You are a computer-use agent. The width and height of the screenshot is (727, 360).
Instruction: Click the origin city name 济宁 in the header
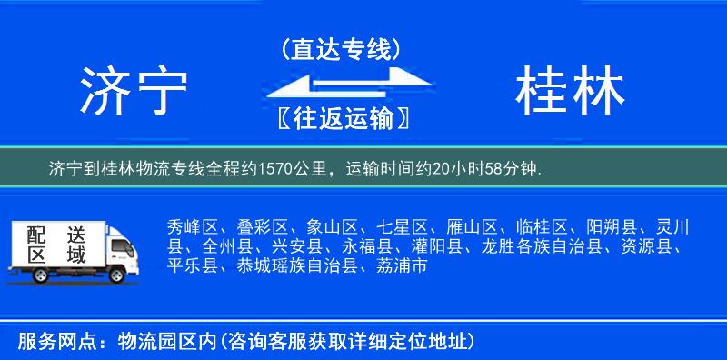(x=134, y=93)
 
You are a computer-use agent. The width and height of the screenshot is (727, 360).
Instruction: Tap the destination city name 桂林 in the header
(x=570, y=93)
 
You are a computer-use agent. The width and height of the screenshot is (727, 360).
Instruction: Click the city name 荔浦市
(x=401, y=266)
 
